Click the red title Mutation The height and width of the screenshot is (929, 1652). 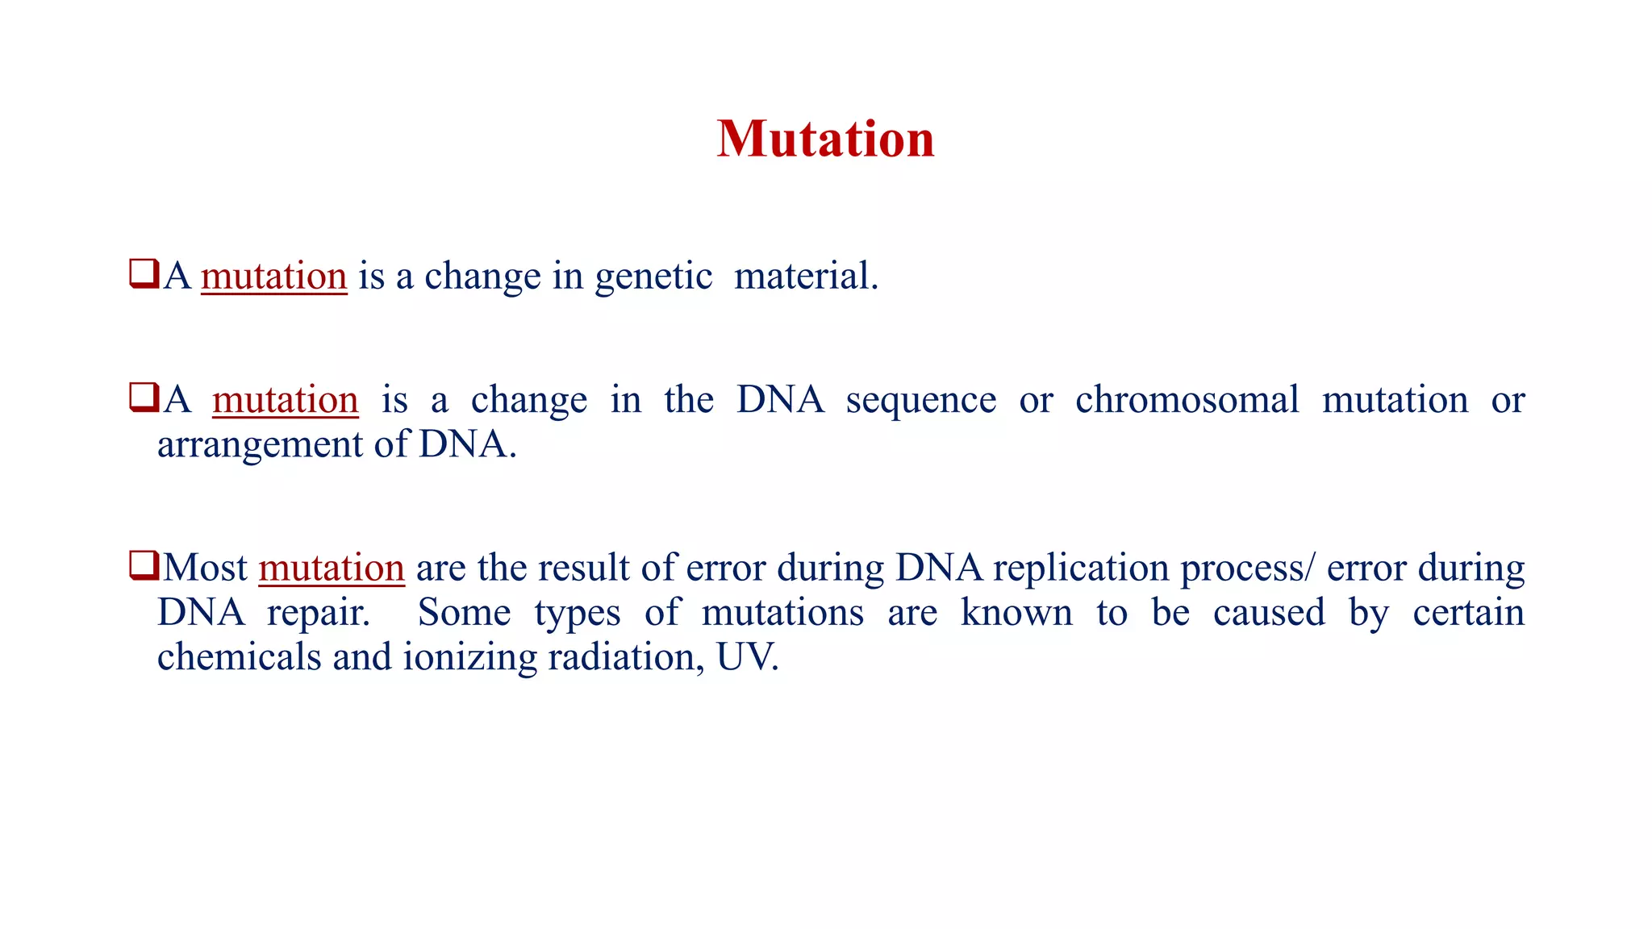[x=825, y=140]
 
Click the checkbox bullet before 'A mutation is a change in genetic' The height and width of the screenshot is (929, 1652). [x=144, y=274]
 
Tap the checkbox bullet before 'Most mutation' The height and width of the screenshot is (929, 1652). [x=144, y=565]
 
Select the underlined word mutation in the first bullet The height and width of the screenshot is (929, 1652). [x=273, y=277]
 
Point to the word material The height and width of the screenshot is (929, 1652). [x=804, y=277]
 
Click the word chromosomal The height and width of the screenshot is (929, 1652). [x=1187, y=400]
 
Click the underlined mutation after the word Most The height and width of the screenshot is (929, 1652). [x=331, y=569]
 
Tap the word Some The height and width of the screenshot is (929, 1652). [x=464, y=613]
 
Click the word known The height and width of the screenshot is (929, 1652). [x=1016, y=613]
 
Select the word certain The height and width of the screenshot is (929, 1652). [x=1468, y=613]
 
